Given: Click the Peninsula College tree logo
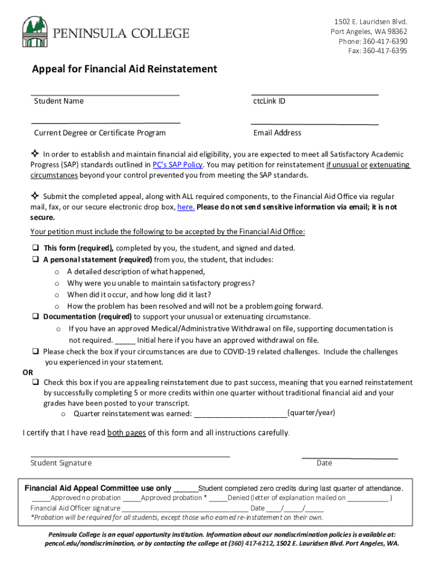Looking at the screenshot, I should [x=35, y=32].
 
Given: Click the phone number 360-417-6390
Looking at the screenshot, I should [x=384, y=41].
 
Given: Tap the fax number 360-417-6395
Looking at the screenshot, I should [x=384, y=51].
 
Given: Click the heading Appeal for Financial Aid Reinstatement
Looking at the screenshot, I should [x=124, y=69].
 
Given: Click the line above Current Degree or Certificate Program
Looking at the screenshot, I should [x=105, y=122].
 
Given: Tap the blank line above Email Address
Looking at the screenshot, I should [x=314, y=122].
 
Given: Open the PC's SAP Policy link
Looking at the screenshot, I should [x=177, y=165].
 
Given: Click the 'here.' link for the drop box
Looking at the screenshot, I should [x=186, y=207].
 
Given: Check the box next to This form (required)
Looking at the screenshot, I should [x=35, y=248].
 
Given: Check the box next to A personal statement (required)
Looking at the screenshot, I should [x=35, y=260].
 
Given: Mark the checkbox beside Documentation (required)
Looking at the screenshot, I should [x=35, y=317].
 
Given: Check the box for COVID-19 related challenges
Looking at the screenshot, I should [x=35, y=352].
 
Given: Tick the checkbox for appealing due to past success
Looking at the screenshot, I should [x=35, y=383].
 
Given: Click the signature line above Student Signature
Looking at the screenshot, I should [x=130, y=455].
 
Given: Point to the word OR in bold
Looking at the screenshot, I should [x=27, y=372].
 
